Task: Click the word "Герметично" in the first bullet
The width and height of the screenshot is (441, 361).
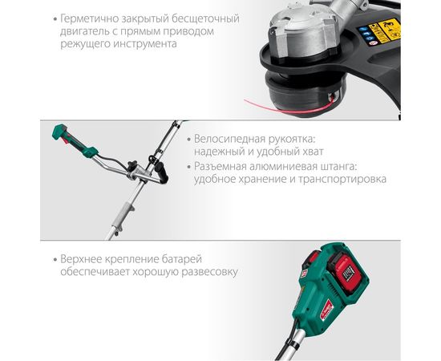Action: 88,19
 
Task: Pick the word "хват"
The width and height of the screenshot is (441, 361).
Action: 314,152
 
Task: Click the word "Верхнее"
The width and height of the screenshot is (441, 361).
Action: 80,259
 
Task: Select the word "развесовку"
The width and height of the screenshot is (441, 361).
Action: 209,272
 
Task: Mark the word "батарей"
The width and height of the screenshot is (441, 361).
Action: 182,259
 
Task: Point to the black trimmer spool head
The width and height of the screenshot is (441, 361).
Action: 305,93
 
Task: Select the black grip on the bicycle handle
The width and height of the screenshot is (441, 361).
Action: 161,172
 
